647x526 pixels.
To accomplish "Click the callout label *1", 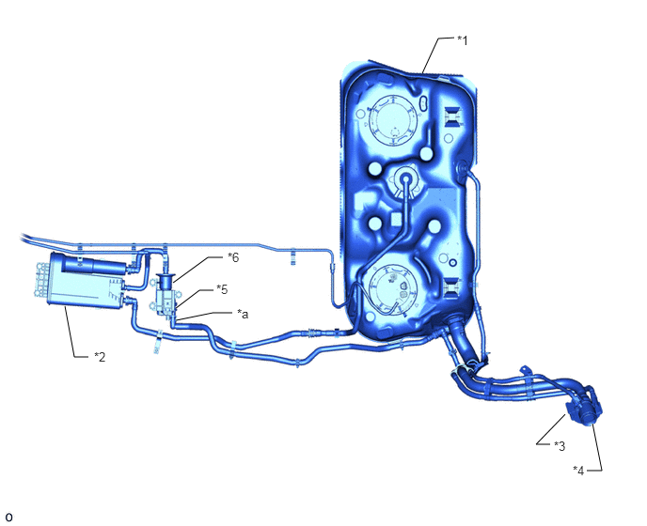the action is (463, 40).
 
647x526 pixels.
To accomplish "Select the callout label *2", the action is (100, 357).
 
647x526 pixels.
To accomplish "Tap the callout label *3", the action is (560, 445).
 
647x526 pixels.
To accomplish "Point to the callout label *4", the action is (578, 471).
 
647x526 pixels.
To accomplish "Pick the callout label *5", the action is (222, 289).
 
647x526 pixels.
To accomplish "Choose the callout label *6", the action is (233, 257).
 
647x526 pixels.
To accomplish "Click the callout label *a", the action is (243, 314).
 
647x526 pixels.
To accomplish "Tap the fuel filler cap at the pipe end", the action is (585, 407).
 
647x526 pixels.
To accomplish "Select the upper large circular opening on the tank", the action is (394, 120).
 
